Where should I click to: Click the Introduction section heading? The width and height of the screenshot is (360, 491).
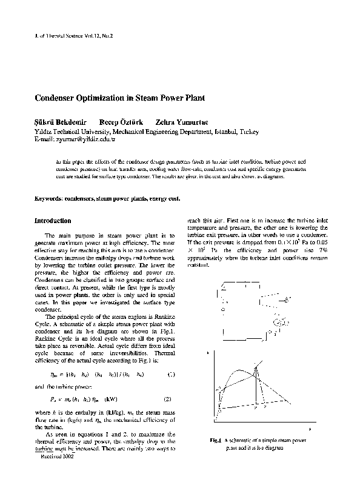point(53,221)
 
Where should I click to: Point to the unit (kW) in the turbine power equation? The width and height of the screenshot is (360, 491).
point(110,399)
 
